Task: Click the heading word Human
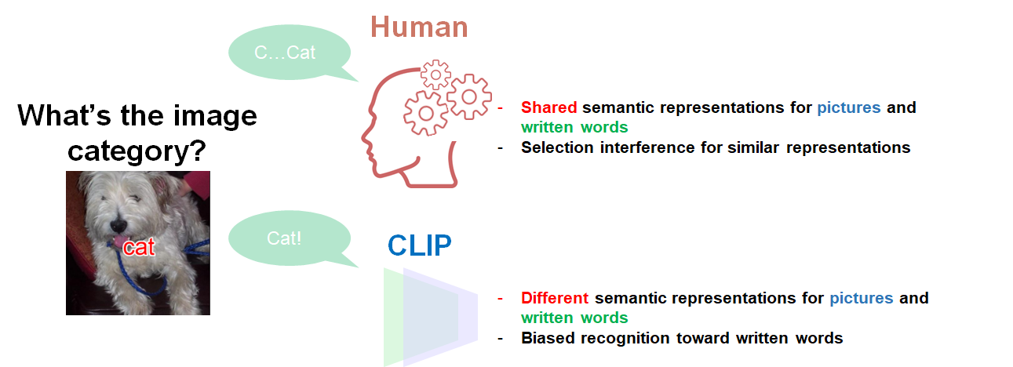click(419, 27)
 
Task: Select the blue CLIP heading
click(420, 246)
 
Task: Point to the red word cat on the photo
click(139, 248)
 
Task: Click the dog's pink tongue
click(117, 244)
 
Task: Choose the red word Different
click(554, 298)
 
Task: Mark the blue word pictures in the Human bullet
click(849, 107)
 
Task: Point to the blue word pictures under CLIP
click(861, 298)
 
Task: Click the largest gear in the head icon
click(426, 111)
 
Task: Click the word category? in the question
click(139, 151)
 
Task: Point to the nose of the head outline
click(364, 142)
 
